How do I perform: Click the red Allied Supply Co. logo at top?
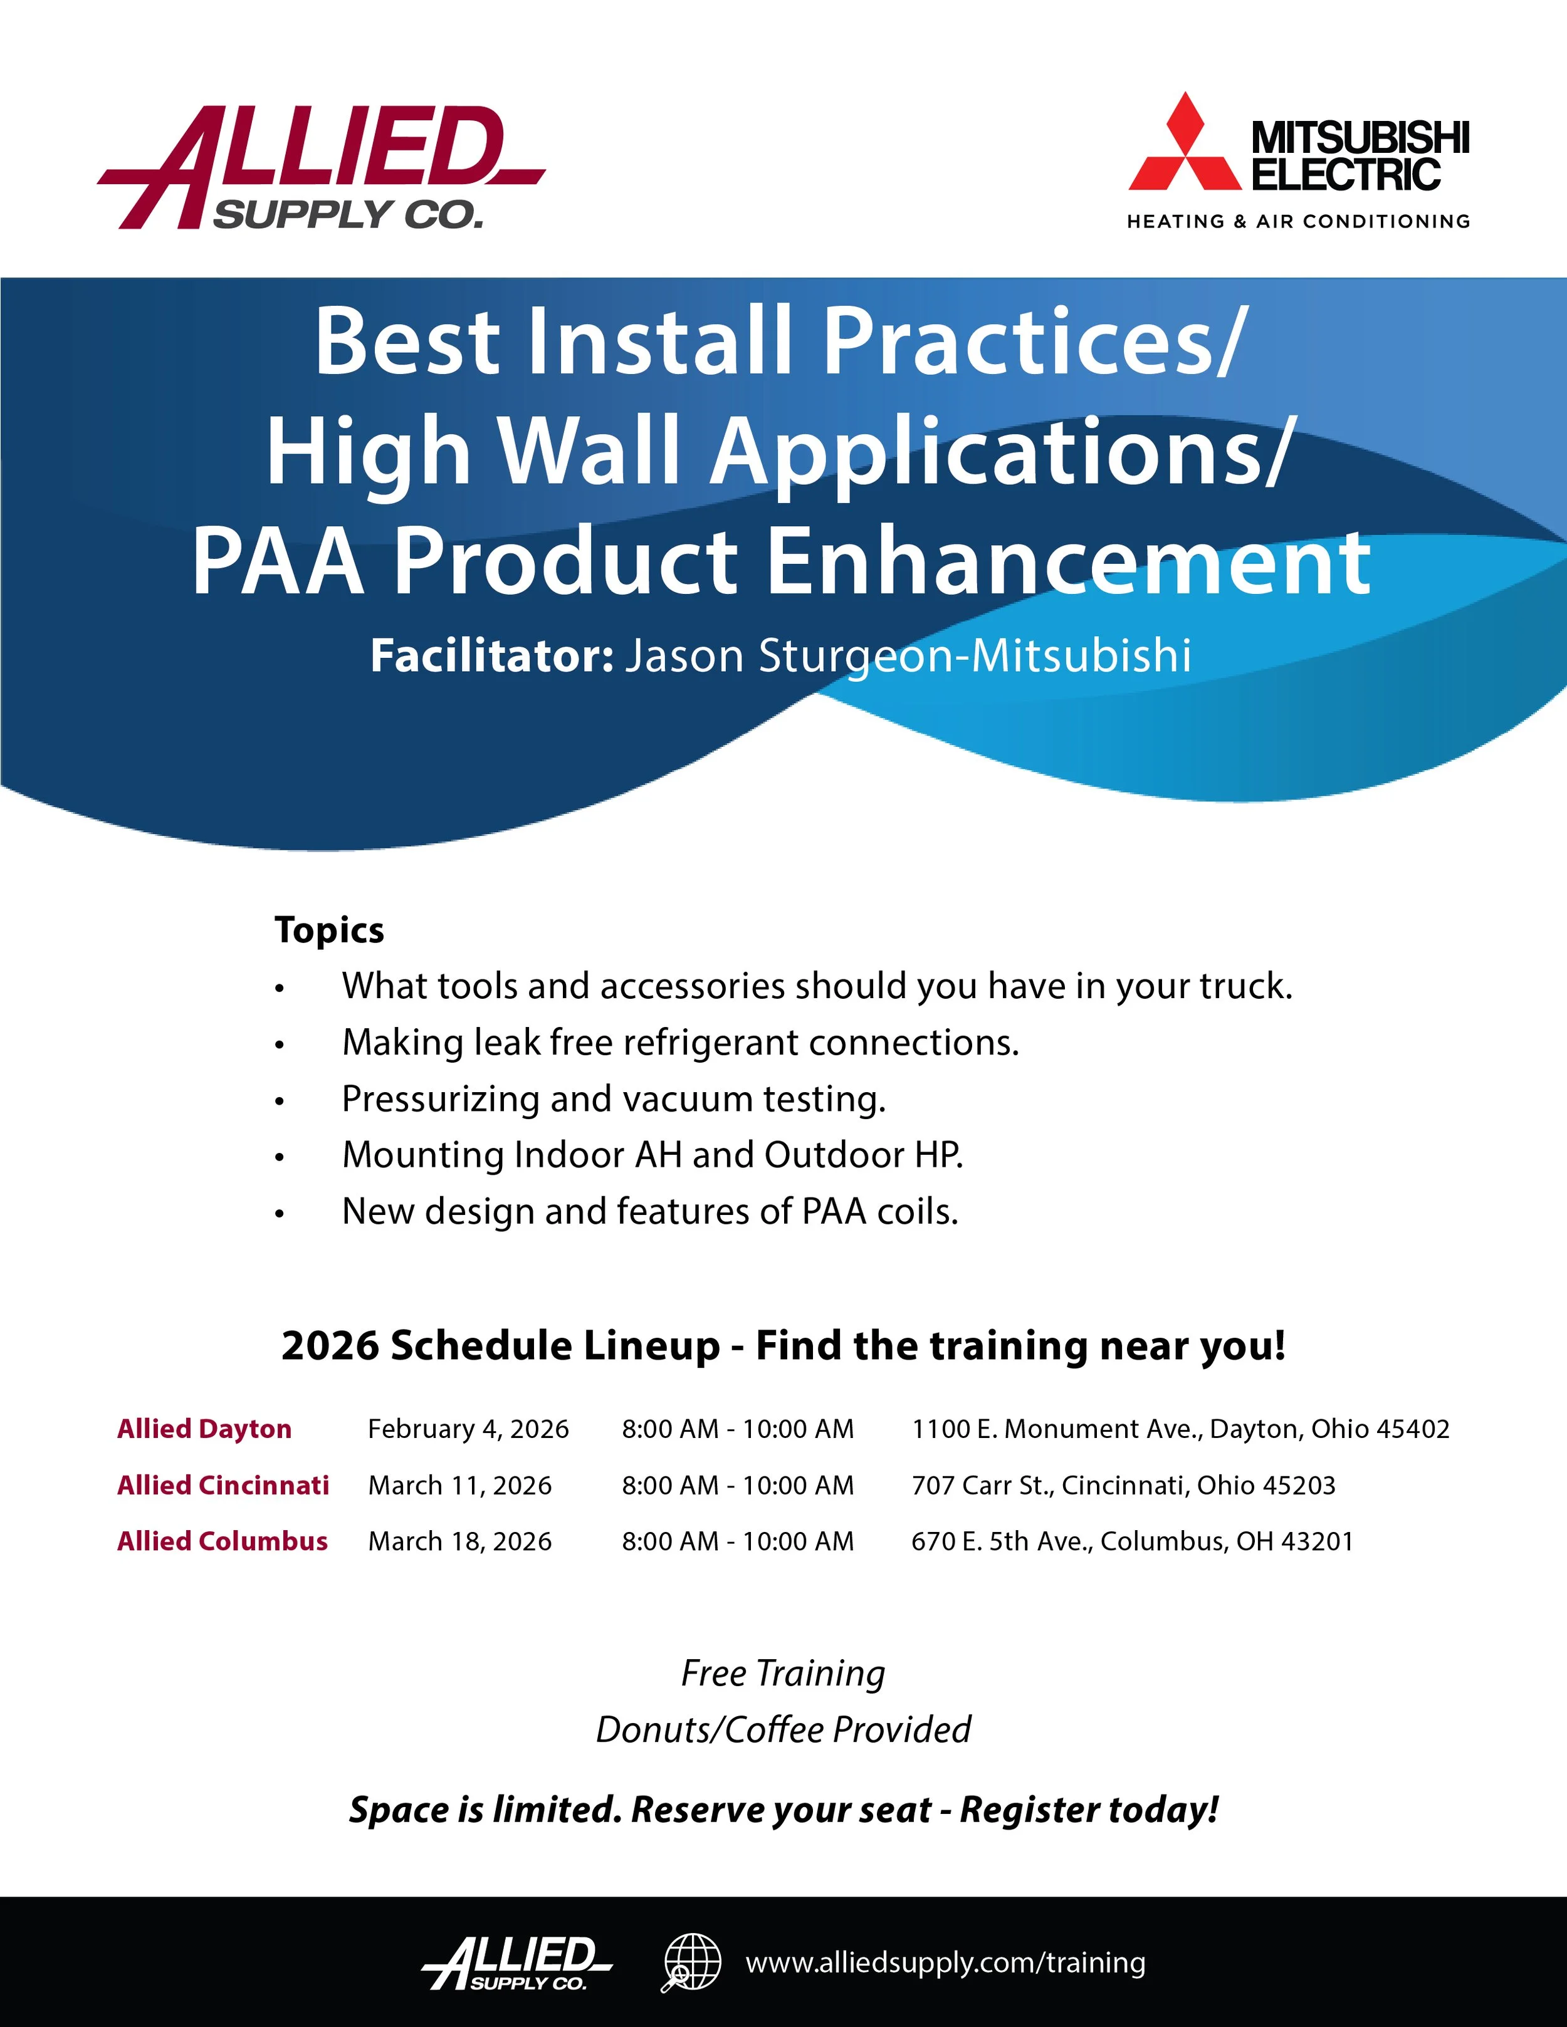(x=320, y=167)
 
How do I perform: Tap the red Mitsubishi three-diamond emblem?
(x=1185, y=144)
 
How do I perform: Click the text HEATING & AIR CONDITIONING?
(x=1297, y=222)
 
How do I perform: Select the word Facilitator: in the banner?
(x=491, y=655)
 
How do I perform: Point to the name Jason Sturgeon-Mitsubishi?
(x=907, y=655)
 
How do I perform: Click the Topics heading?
(x=330, y=930)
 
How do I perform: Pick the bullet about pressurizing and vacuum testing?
(x=614, y=1099)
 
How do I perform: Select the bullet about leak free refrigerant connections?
(x=681, y=1042)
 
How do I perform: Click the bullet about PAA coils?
(x=650, y=1211)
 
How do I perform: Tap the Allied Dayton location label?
(x=204, y=1429)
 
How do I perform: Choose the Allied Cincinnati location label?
(x=223, y=1485)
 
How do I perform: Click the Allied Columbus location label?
(x=222, y=1541)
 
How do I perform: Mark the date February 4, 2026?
(x=468, y=1429)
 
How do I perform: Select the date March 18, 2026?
(x=459, y=1541)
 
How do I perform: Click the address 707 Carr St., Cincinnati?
(x=1123, y=1485)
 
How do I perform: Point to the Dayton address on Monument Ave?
(x=1180, y=1429)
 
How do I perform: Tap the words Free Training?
(x=783, y=1674)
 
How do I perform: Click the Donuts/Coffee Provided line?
(x=783, y=1730)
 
